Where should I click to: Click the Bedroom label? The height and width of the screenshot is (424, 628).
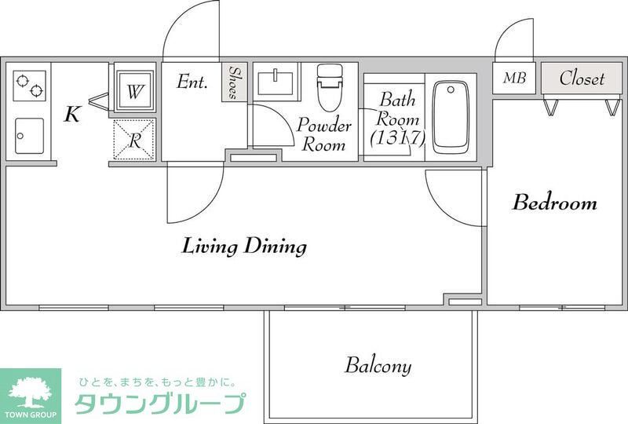click(554, 203)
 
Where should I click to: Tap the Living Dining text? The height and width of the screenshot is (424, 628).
click(244, 247)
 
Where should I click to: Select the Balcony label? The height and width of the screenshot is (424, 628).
click(378, 366)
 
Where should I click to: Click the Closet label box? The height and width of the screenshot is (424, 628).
click(582, 79)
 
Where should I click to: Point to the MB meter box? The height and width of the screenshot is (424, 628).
click(514, 79)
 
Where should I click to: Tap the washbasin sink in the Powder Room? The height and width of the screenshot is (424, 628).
click(276, 82)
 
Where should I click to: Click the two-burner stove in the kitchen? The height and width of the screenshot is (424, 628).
click(30, 85)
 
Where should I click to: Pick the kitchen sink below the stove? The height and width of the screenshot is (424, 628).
click(30, 135)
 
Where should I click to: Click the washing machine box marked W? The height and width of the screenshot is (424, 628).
click(135, 91)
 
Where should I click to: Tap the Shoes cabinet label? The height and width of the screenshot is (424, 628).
click(233, 82)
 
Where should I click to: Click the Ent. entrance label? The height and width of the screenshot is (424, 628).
click(192, 82)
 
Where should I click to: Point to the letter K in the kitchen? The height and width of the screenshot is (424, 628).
click(71, 115)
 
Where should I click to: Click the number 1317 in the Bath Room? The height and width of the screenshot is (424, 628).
click(397, 139)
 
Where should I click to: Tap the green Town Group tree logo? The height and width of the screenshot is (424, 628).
click(30, 390)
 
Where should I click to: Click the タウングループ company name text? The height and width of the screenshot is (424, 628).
click(159, 404)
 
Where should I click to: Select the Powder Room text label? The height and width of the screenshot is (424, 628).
click(323, 135)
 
